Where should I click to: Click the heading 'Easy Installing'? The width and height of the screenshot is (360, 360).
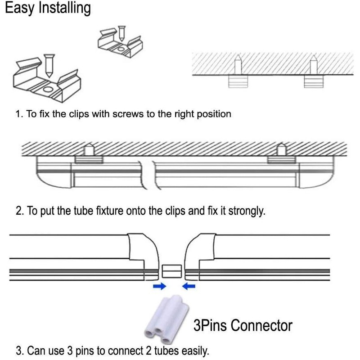click(x=48, y=9)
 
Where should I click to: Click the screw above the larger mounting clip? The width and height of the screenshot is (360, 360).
click(x=49, y=63)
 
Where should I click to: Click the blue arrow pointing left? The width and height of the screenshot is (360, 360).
click(x=189, y=286)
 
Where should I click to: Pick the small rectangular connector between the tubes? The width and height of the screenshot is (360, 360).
click(x=172, y=271)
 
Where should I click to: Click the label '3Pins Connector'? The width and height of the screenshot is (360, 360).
click(x=243, y=325)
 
